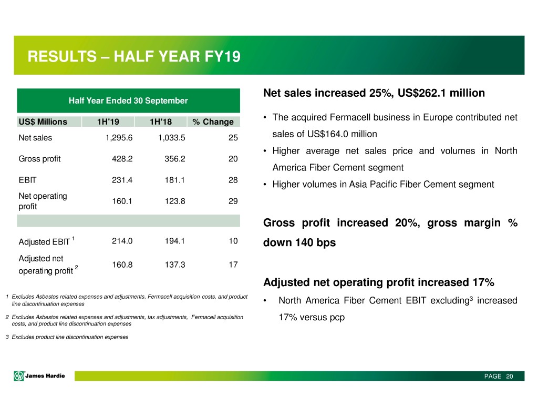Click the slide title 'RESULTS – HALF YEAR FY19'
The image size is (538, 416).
(134, 56)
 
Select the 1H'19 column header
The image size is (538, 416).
(108, 122)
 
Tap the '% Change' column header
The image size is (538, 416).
(212, 122)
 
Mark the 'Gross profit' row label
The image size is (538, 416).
(39, 159)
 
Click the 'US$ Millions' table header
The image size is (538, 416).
(44, 122)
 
